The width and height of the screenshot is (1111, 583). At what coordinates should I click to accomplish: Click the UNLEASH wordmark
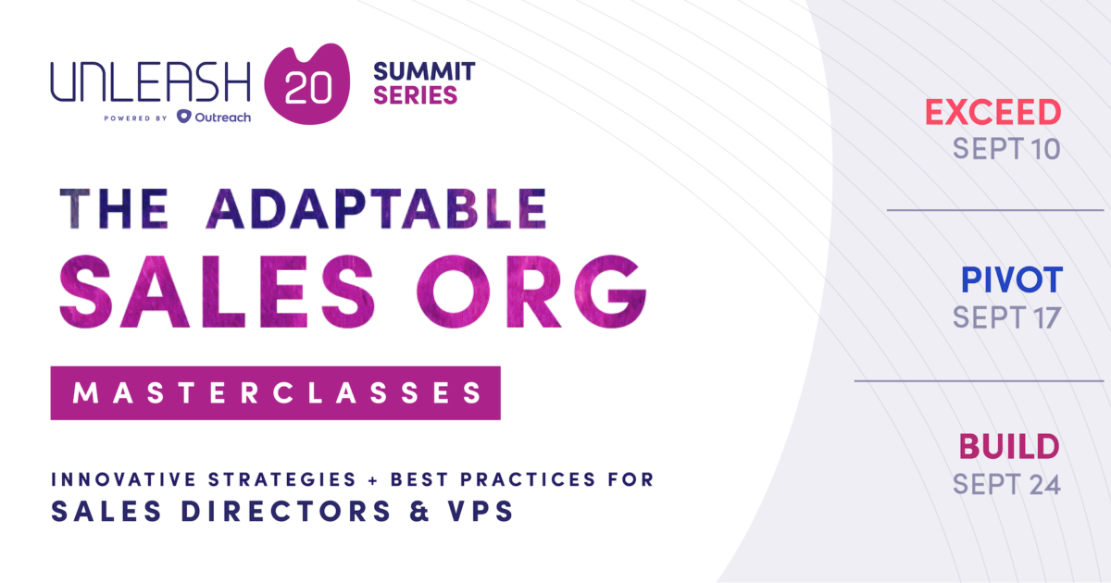tap(150, 83)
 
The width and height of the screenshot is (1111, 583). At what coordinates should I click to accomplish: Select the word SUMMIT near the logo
tap(424, 70)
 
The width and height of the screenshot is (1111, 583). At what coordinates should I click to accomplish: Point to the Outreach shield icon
tap(184, 117)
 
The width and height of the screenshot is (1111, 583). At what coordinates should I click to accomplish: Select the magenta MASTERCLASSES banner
tap(276, 393)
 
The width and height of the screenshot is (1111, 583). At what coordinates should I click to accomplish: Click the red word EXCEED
tap(992, 113)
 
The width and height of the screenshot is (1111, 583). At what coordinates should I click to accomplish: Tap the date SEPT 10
tap(1006, 148)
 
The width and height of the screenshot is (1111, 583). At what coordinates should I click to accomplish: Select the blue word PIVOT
tap(1011, 279)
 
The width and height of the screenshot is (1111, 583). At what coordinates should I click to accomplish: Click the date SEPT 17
tap(1006, 316)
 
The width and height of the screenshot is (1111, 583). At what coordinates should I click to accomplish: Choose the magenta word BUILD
tap(1009, 447)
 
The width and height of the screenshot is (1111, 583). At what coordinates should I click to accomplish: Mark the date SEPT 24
tap(1006, 483)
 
